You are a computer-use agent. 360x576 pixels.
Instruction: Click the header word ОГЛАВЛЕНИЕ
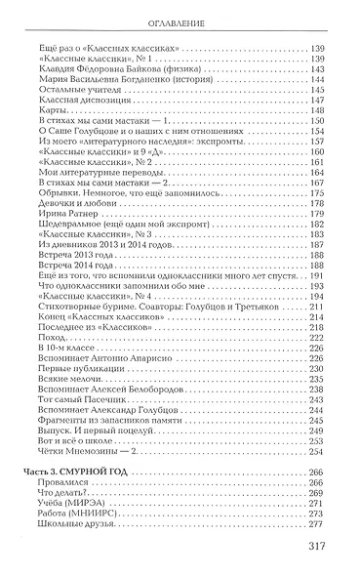coord(180,22)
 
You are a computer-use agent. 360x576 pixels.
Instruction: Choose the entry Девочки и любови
coord(94,189)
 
